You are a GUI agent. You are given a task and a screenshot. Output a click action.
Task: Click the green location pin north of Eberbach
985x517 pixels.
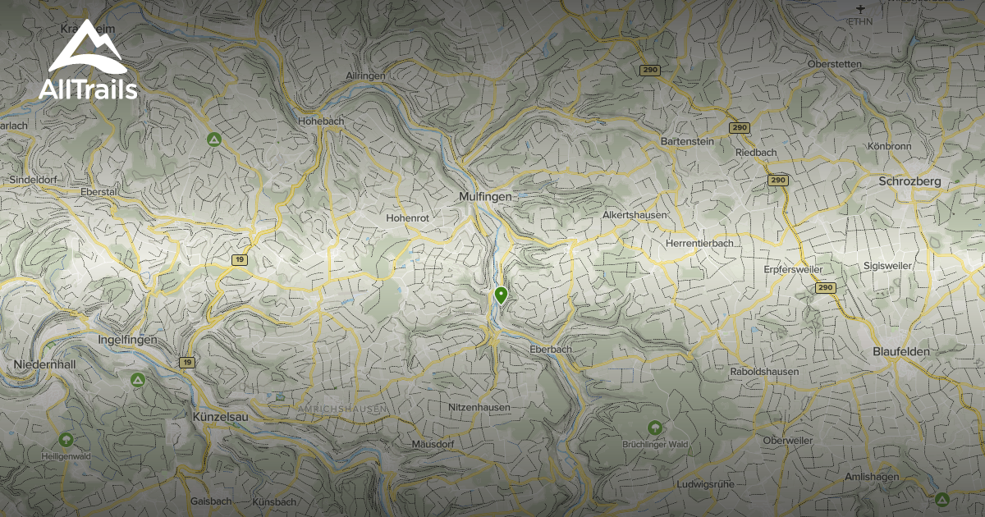[501, 295]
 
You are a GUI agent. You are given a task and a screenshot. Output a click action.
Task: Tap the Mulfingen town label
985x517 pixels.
[485, 197]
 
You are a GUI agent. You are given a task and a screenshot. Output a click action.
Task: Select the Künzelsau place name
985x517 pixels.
[219, 416]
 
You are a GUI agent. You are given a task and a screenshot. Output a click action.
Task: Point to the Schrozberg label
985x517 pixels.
[909, 181]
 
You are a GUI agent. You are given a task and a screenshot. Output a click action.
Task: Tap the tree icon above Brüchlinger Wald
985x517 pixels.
[654, 428]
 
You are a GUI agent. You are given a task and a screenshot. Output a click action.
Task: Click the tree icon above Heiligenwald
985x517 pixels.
[66, 439]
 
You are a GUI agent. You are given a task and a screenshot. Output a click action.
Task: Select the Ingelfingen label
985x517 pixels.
[126, 340]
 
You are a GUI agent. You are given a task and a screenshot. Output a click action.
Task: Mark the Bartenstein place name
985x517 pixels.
[688, 141]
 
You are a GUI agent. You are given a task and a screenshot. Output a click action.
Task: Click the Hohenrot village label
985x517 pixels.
[408, 218]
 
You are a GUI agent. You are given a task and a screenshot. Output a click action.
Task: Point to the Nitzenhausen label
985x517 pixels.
[479, 407]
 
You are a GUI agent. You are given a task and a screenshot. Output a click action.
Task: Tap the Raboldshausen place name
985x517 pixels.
[763, 372]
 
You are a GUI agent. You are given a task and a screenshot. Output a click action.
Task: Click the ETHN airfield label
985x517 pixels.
[860, 21]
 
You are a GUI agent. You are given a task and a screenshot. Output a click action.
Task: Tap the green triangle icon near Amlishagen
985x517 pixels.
[942, 499]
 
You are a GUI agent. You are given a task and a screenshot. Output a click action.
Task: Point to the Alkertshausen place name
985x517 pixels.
[635, 215]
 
